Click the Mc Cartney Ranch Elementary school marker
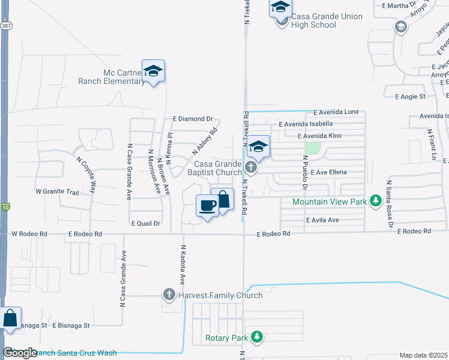[x=153, y=71]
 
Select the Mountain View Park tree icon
[x=376, y=200]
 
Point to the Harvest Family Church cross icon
[x=169, y=295]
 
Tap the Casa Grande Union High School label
[x=327, y=21]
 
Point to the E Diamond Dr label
[x=193, y=119]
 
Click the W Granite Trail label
[x=58, y=192]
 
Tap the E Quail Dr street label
[x=146, y=223]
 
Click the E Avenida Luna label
[x=336, y=112]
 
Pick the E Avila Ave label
[x=322, y=220]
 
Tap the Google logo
[x=20, y=353]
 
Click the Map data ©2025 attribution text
[x=423, y=355]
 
